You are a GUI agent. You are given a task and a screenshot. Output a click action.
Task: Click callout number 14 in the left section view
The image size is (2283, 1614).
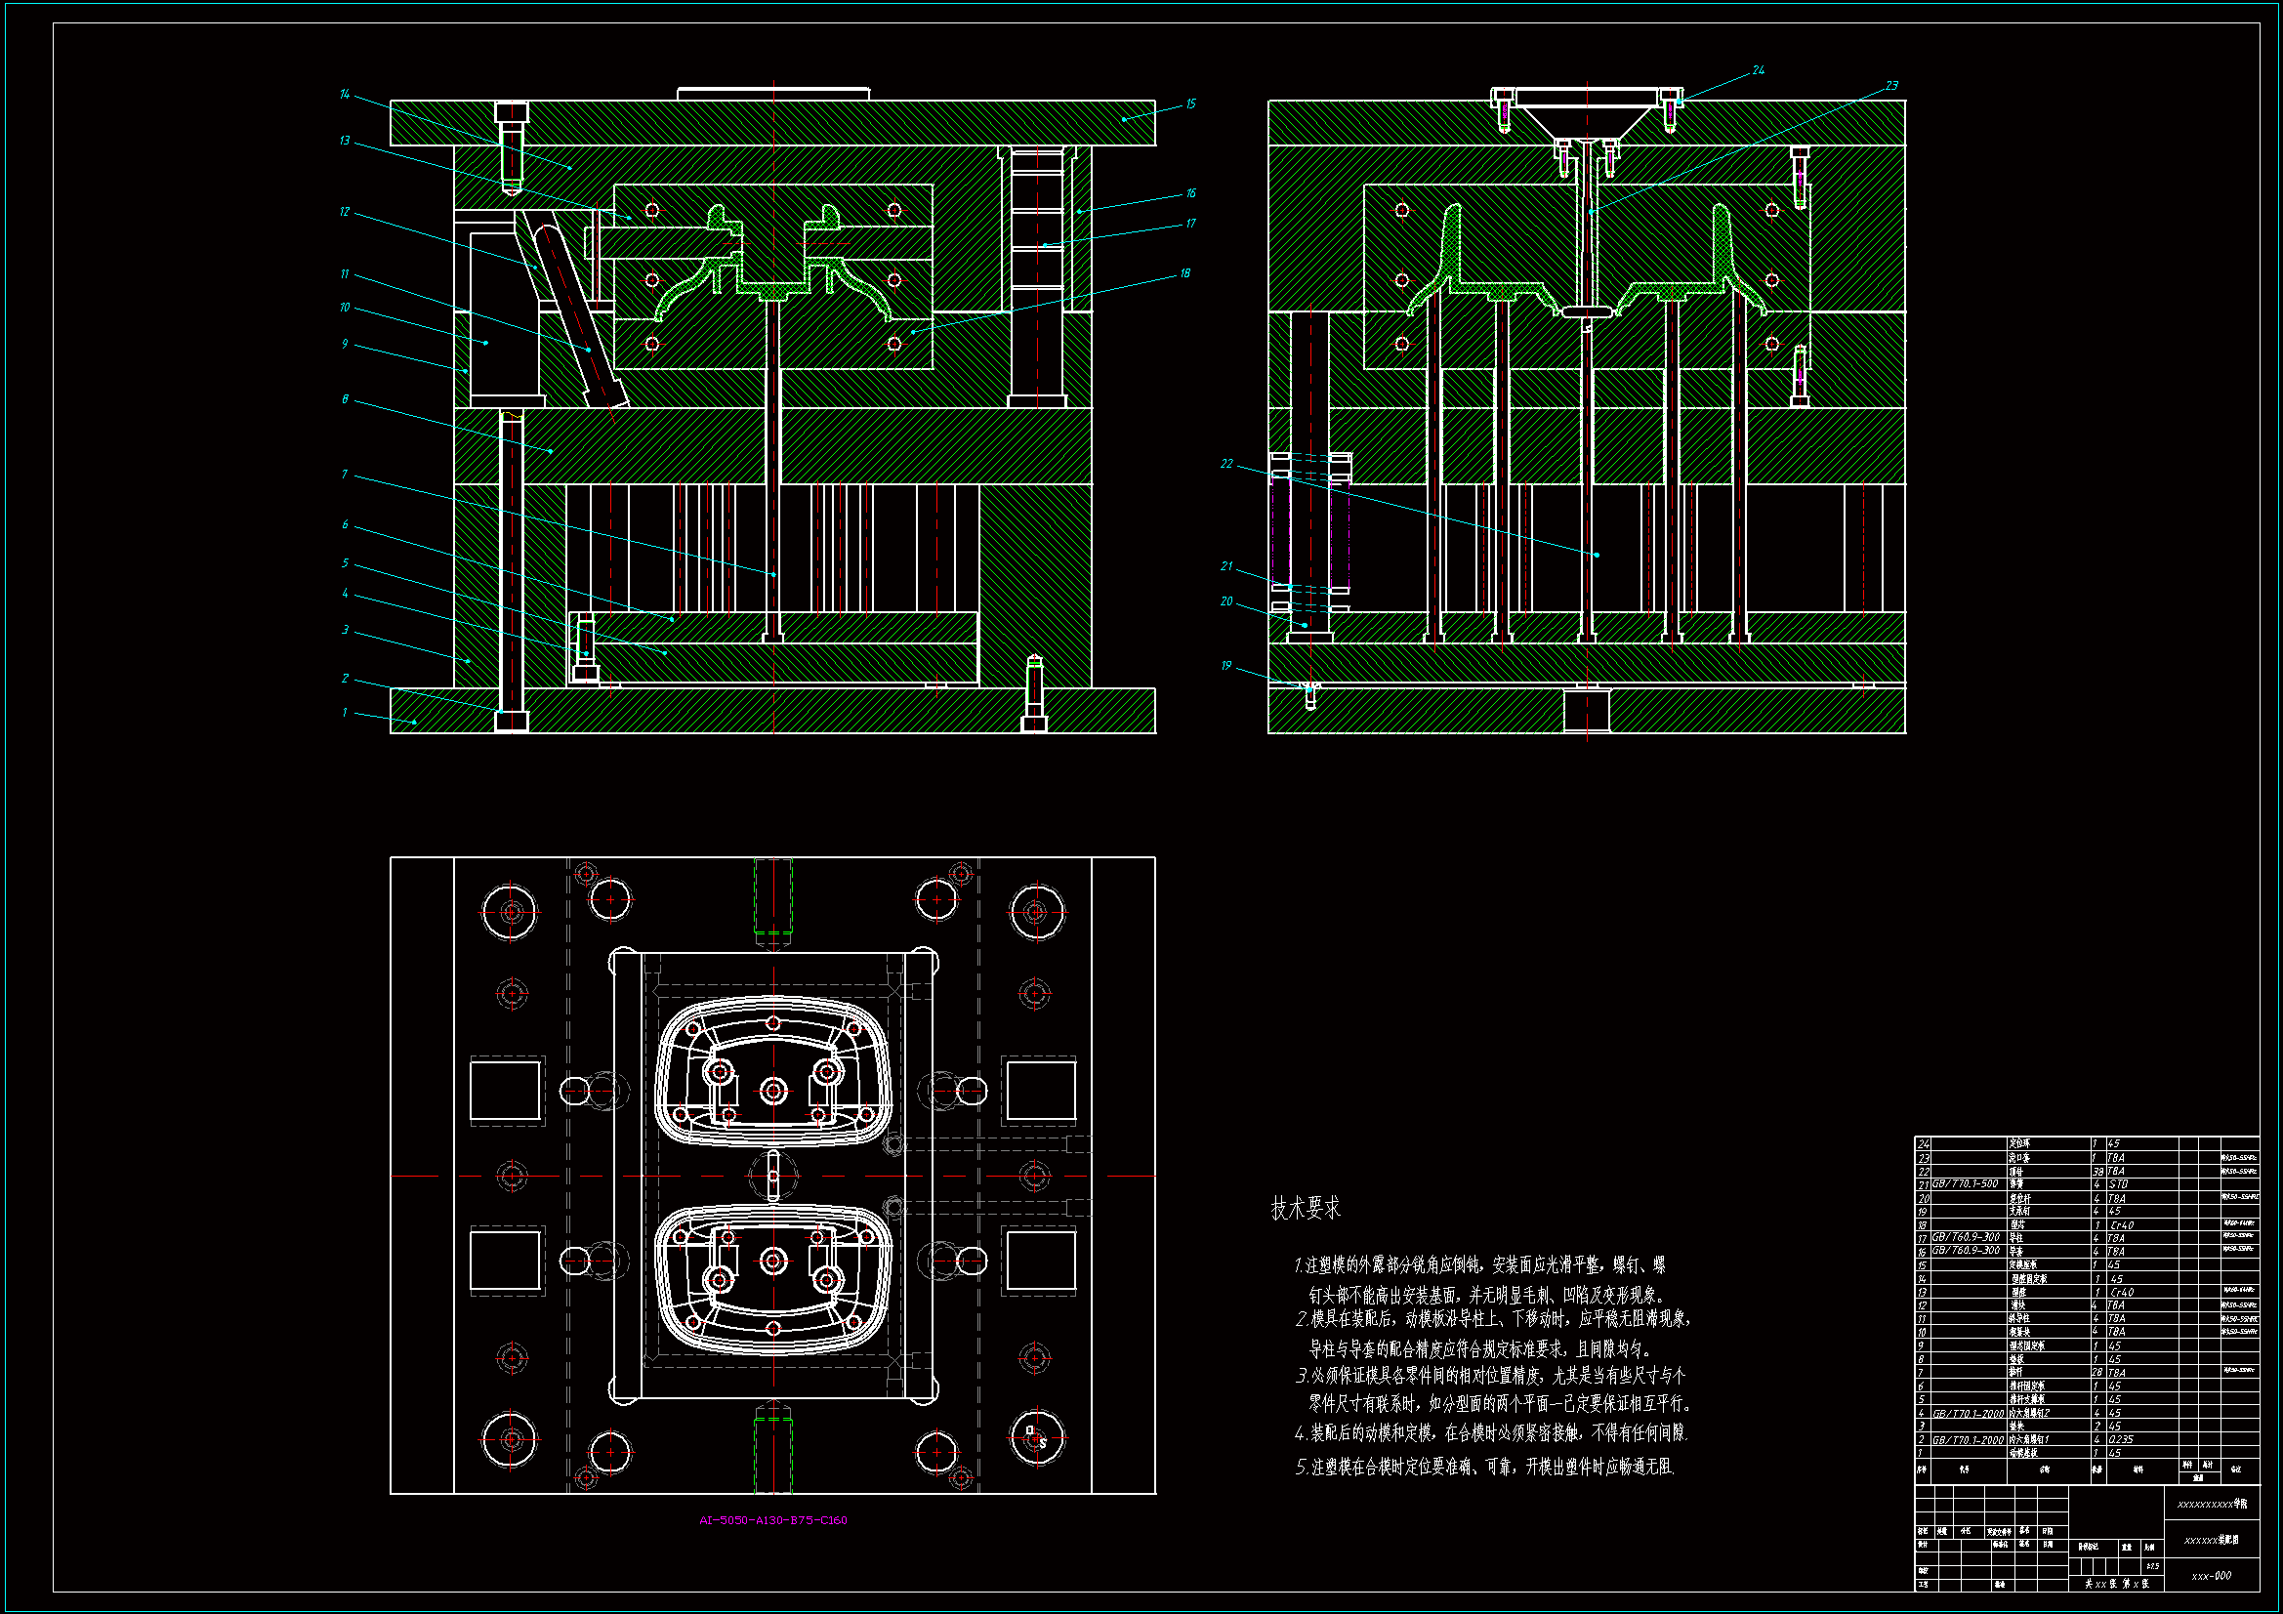tap(344, 95)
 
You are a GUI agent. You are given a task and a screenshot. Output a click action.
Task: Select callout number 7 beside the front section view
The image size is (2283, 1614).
tap(344, 475)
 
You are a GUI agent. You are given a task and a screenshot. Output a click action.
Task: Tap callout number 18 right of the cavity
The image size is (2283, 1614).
tap(1184, 273)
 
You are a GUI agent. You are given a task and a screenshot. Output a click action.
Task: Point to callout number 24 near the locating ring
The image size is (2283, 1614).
tap(1758, 70)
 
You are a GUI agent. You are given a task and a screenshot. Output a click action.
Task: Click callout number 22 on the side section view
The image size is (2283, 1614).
tap(1226, 464)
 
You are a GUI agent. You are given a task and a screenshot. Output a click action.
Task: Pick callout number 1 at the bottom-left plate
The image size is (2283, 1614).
tap(344, 712)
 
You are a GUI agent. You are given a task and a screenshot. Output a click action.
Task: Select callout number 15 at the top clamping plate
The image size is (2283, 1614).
tap(1190, 104)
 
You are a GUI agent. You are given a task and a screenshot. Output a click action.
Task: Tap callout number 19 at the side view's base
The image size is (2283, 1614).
tap(1226, 665)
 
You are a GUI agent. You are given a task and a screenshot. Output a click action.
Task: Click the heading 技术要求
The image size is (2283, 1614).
tap(1305, 1208)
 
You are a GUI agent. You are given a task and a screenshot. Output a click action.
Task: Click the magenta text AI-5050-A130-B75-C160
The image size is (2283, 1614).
tap(772, 1520)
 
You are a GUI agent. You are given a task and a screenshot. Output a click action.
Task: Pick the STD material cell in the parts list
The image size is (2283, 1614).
tap(2118, 1184)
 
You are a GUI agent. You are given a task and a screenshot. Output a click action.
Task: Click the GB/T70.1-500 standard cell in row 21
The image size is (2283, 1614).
tap(1965, 1184)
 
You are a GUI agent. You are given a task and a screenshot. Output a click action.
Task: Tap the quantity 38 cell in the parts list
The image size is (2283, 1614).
tap(2097, 1172)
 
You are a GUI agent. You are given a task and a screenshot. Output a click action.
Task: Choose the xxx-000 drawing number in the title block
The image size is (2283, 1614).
tap(2212, 1575)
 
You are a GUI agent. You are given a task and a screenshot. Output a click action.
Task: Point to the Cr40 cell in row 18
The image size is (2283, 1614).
tap(2121, 1225)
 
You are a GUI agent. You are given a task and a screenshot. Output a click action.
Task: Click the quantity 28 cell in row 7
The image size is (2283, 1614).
tap(2097, 1373)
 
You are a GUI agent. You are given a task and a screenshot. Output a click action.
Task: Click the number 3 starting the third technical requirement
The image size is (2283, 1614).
tap(1302, 1377)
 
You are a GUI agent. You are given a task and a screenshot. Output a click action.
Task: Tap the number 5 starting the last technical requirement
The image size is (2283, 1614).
tap(1302, 1467)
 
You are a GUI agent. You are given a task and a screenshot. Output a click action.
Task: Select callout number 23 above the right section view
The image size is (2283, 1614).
tap(1891, 87)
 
